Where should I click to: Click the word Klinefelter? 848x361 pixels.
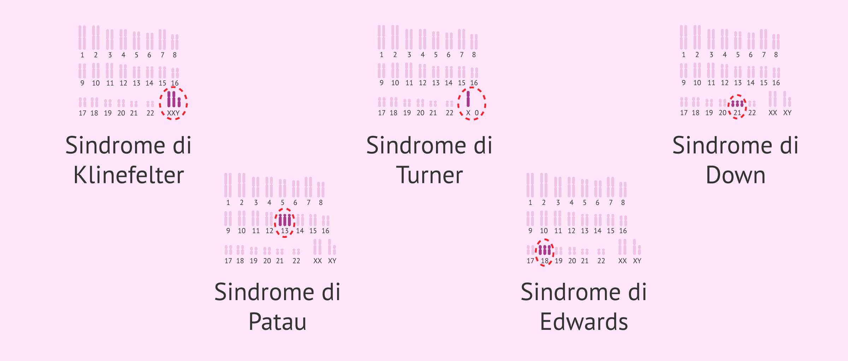pos(129,175)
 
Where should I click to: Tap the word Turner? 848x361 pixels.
pos(429,175)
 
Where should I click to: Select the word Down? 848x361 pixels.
pos(736,175)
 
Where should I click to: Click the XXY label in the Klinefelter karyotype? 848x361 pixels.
pos(173,113)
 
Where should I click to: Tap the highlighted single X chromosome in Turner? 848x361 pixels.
pos(468,99)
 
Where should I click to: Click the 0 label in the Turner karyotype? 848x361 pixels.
pos(477,113)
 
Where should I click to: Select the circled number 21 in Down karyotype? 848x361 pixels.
pos(737,113)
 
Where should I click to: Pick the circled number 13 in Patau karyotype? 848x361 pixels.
pos(285,231)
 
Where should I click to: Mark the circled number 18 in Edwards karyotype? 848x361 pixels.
pos(545,261)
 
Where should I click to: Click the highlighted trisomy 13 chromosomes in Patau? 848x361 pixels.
pos(285,220)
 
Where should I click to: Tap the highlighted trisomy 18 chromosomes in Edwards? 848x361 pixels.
pos(545,250)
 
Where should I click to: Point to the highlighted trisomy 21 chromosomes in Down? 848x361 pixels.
pos(737,104)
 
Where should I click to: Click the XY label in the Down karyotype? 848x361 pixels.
pos(787,113)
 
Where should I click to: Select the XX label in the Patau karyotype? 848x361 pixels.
pos(318,261)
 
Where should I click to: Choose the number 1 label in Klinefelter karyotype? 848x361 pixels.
pos(82,55)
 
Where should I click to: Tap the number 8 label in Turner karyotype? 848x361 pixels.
pos(474,55)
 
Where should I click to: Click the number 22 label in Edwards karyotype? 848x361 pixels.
pos(601,261)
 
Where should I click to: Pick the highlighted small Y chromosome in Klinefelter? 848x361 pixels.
pos(179,102)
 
